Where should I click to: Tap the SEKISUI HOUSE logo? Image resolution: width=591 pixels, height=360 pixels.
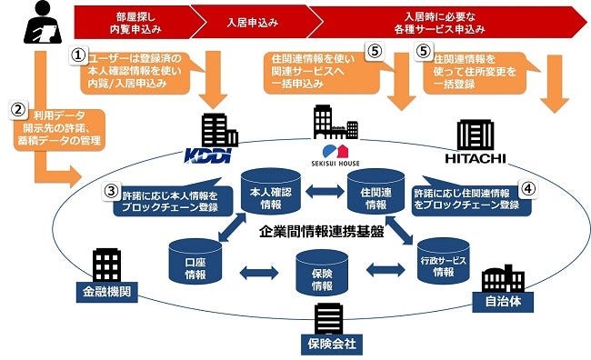click(349, 150)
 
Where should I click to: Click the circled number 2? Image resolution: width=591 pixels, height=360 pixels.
click(17, 107)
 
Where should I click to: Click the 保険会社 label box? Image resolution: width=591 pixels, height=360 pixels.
click(330, 345)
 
